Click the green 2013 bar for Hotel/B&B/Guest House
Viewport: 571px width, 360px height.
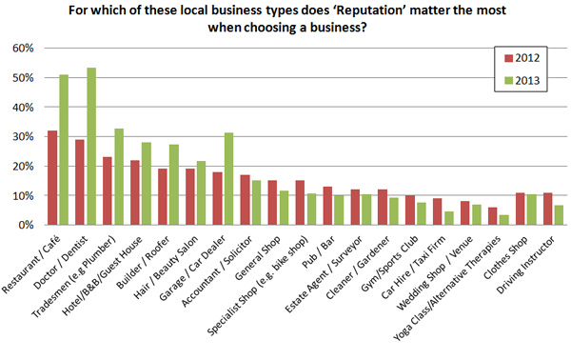(146, 184)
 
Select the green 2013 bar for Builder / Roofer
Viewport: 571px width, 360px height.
(173, 185)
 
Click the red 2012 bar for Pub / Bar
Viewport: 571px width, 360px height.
(328, 206)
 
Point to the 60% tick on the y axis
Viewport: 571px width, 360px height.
(26, 48)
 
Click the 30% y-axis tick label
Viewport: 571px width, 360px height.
(26, 136)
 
